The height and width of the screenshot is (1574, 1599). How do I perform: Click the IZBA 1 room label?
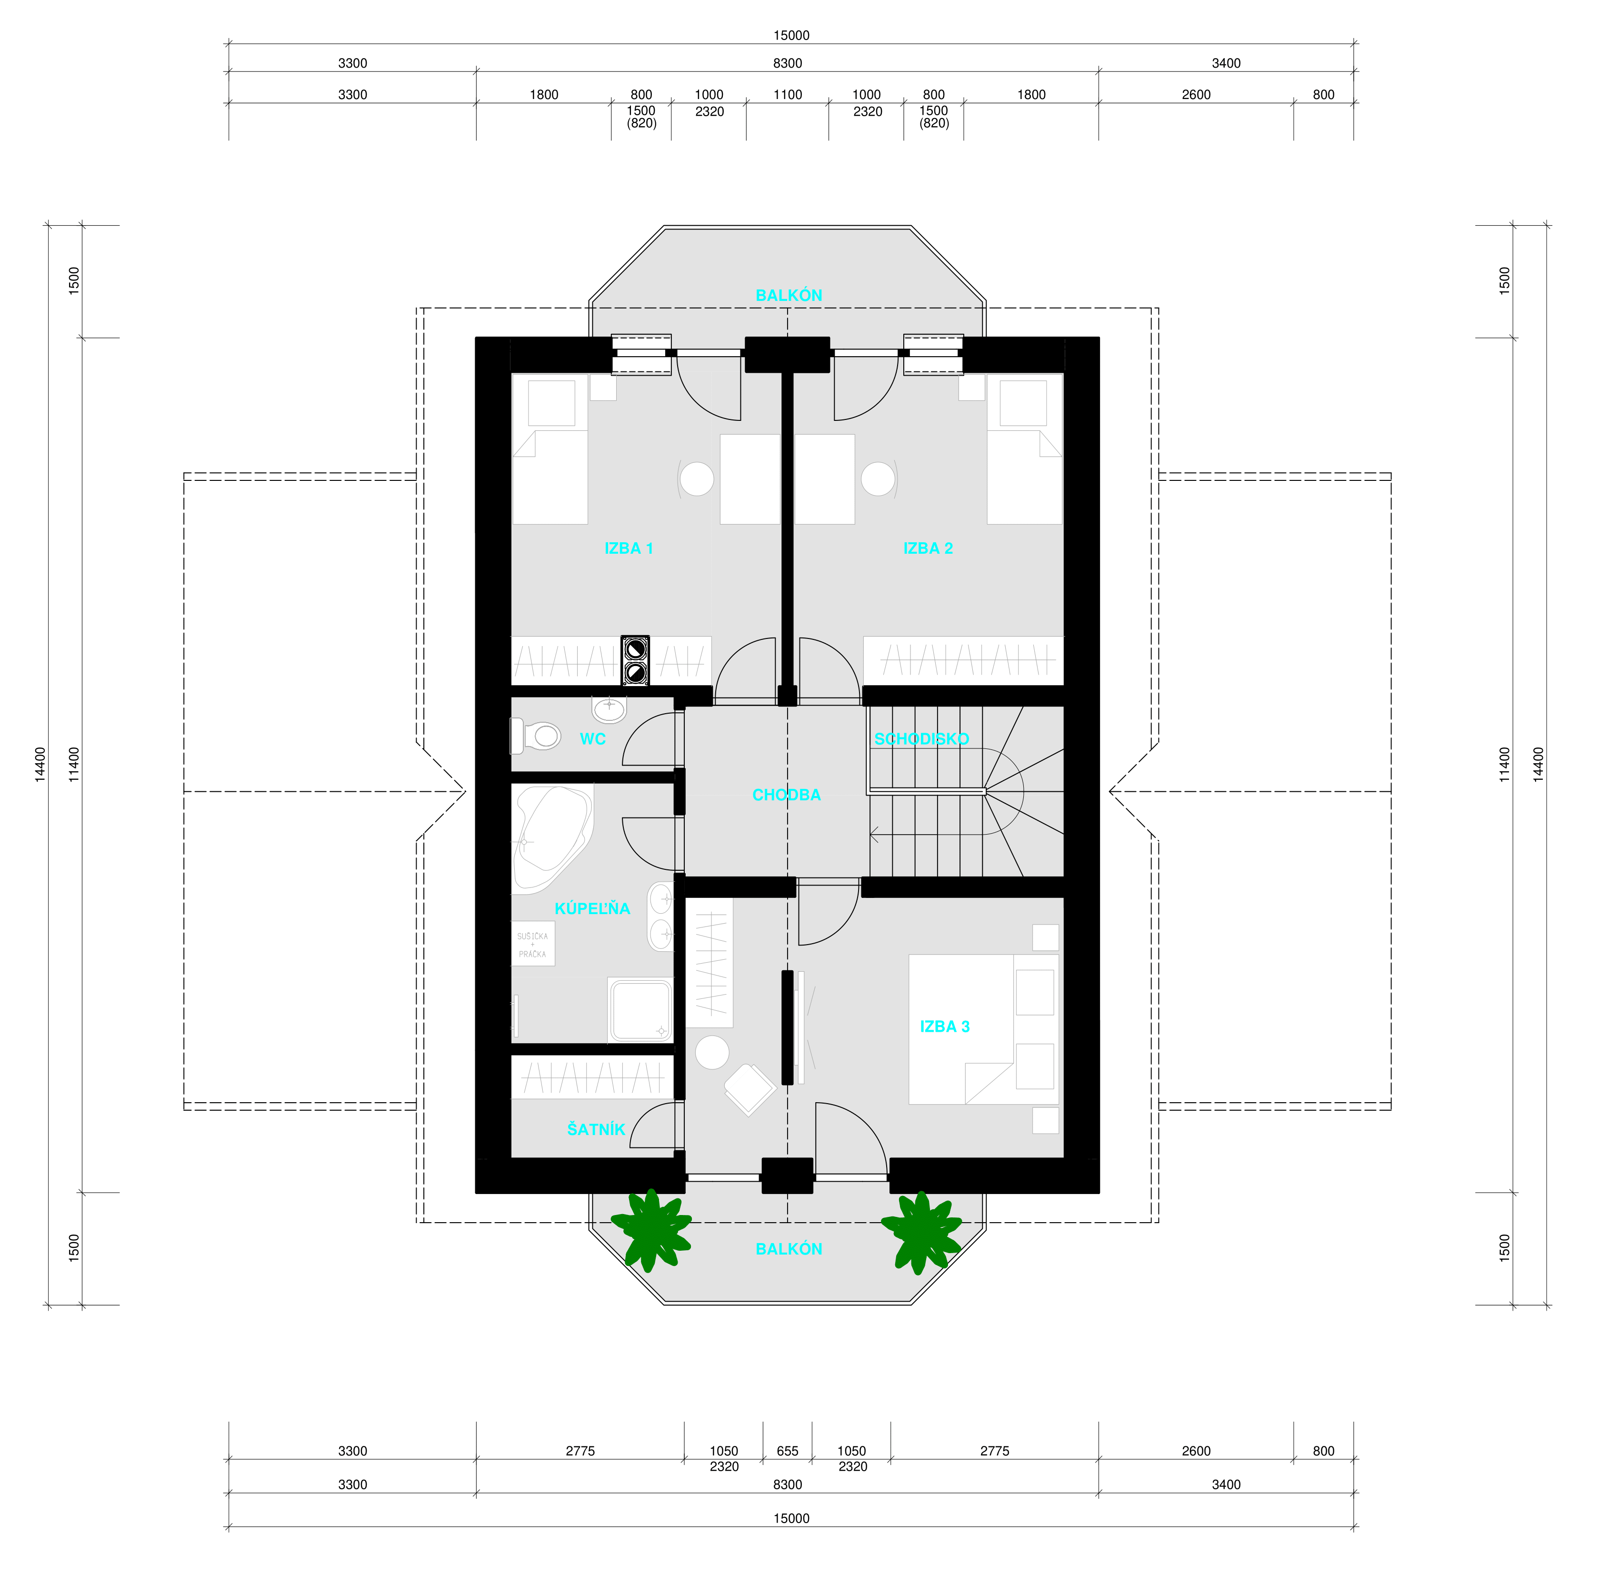pos(629,548)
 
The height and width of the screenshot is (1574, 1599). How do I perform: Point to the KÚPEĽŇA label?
pos(592,908)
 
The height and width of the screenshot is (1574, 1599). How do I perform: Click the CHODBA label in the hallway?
pos(786,795)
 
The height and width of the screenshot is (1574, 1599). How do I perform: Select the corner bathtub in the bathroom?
pos(551,837)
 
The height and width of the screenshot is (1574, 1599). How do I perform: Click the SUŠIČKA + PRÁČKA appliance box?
pos(532,944)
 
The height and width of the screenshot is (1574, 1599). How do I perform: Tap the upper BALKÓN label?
pos(789,295)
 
